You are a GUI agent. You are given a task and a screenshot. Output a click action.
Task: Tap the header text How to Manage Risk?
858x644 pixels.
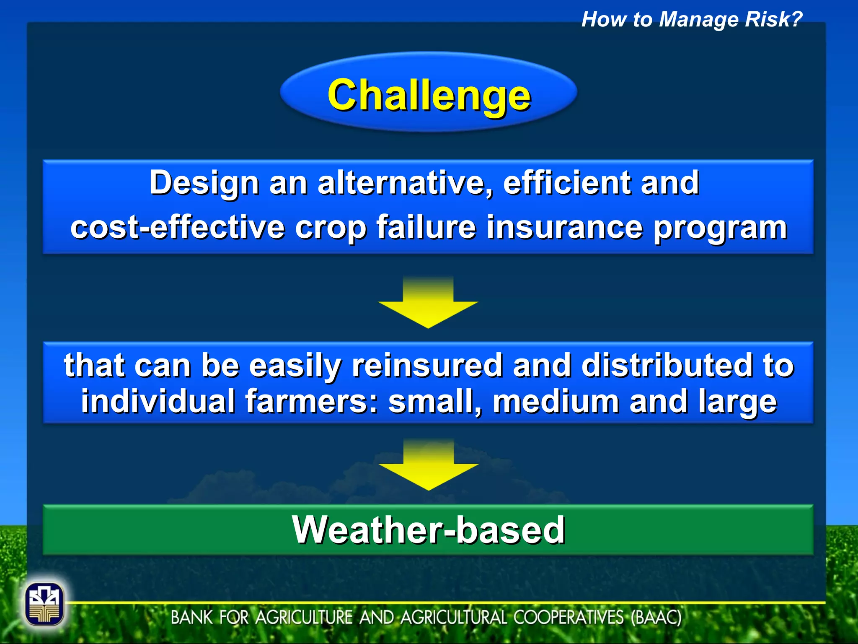coord(691,19)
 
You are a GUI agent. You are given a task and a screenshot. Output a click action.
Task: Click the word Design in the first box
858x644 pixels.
coord(204,183)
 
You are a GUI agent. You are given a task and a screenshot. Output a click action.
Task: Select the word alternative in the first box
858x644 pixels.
coord(405,183)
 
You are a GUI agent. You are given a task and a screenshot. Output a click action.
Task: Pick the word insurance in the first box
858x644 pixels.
coord(564,227)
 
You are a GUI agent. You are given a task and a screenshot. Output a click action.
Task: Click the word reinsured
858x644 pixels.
coord(427,365)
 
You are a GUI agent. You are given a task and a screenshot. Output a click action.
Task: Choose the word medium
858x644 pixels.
coord(556,401)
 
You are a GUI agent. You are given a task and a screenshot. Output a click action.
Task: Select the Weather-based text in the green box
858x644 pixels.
coord(428,530)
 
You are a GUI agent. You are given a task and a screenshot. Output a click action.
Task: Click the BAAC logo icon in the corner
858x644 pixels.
coord(44,604)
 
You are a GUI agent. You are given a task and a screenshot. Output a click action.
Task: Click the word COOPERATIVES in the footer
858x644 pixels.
coord(569,618)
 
